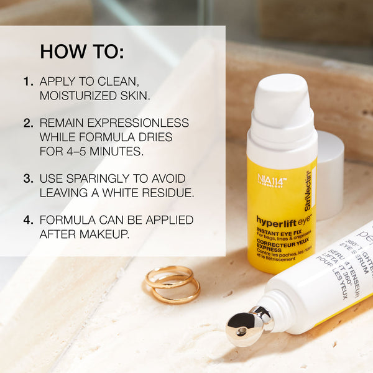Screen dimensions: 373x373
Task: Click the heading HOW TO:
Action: pyautogui.click(x=82, y=51)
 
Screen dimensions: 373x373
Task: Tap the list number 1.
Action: pyautogui.click(x=28, y=81)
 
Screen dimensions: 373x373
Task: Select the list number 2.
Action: pyautogui.click(x=28, y=122)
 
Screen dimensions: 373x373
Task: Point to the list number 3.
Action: pyautogui.click(x=28, y=178)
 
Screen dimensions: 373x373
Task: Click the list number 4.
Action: pyautogui.click(x=28, y=220)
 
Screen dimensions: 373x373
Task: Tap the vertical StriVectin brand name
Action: pyautogui.click(x=309, y=190)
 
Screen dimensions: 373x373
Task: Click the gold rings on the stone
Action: pyautogui.click(x=172, y=284)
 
